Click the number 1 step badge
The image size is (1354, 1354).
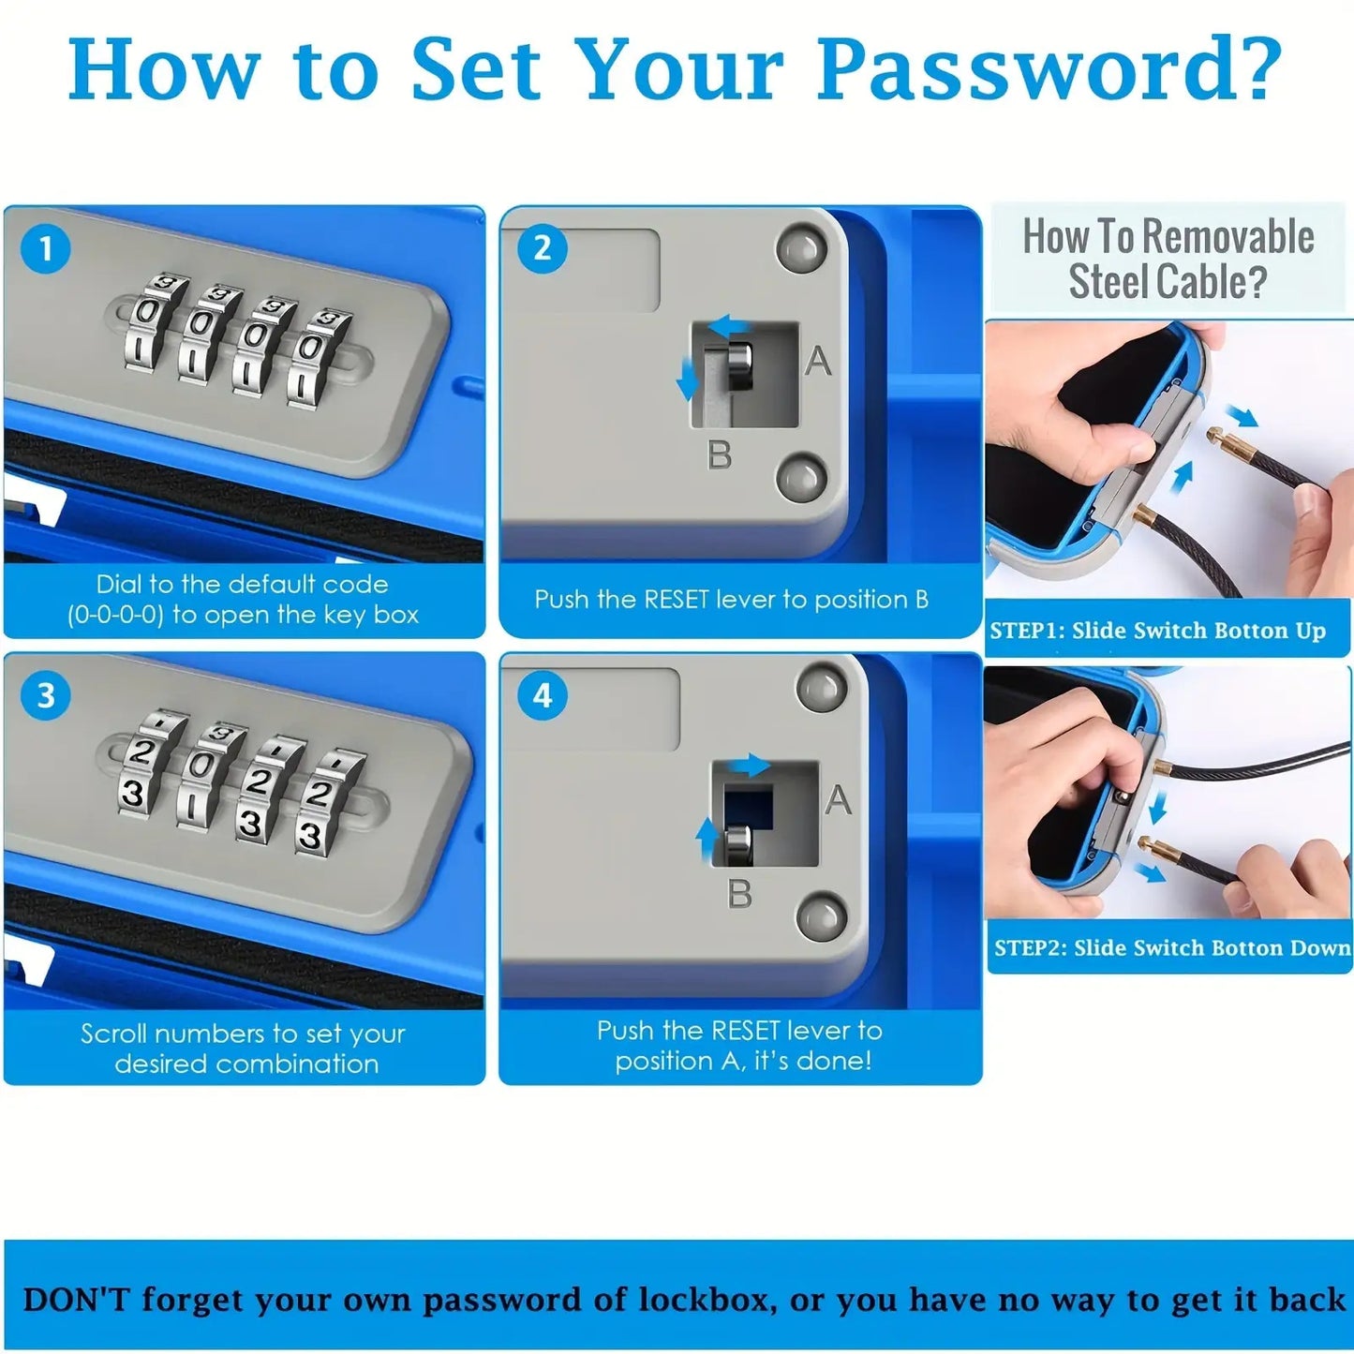point(46,248)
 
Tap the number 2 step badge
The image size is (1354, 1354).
point(543,248)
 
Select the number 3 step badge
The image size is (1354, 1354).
point(46,695)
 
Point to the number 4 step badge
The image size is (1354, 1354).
point(543,695)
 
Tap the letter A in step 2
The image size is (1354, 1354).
point(818,361)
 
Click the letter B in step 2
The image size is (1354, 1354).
point(719,454)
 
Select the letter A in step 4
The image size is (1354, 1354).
point(839,799)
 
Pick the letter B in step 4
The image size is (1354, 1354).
point(739,894)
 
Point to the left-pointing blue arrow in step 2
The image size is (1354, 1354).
point(727,325)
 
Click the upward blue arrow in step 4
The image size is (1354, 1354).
point(707,839)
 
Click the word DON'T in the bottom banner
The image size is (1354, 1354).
point(77,1300)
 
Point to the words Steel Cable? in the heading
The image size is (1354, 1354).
point(1168,281)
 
